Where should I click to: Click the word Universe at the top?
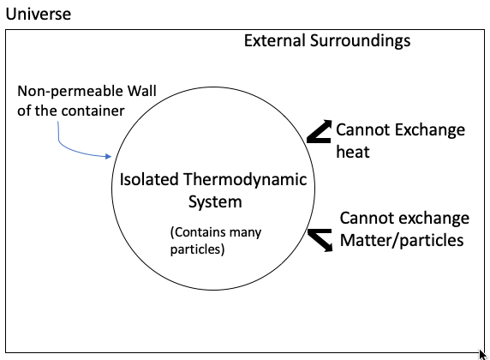[35, 15]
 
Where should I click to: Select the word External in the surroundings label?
[274, 40]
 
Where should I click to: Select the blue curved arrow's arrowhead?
[110, 156]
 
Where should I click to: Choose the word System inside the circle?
[215, 202]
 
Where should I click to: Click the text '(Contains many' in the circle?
[216, 232]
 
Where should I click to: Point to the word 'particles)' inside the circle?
[197, 249]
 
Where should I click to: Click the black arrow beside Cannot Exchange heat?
[319, 130]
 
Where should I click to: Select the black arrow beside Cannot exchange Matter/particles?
[320, 239]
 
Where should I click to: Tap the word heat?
[353, 151]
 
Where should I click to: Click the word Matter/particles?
[402, 240]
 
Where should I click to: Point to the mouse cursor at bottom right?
[483, 353]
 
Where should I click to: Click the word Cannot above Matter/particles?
[367, 218]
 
